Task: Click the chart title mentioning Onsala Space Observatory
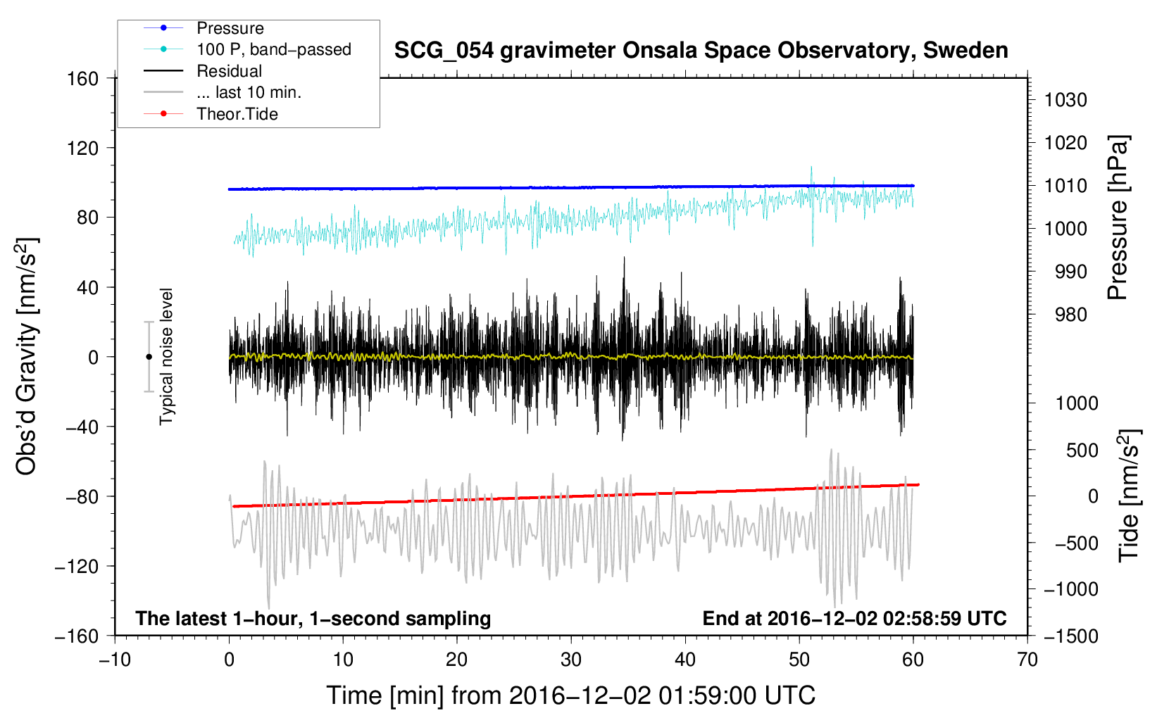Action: tap(701, 51)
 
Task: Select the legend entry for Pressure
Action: tap(230, 28)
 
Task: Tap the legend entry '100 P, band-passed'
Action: tap(273, 49)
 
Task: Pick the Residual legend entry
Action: tap(229, 71)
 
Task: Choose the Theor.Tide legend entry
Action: tap(237, 114)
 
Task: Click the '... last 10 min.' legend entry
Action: tap(249, 92)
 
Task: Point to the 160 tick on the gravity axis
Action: tap(83, 79)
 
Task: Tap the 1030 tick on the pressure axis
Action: tap(1065, 100)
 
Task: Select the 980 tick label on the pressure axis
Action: tap(1071, 315)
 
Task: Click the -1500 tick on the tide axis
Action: tap(1071, 636)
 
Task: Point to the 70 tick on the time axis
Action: tap(1027, 660)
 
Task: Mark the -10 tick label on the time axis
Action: tap(115, 660)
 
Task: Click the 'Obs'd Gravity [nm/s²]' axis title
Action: tap(27, 356)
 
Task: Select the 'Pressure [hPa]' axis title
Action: tap(1118, 218)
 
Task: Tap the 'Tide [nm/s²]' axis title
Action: tap(1129, 495)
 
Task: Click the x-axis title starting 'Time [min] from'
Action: tap(570, 695)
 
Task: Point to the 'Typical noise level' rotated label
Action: tap(166, 356)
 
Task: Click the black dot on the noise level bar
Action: tap(149, 357)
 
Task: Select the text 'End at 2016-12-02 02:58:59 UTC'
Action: tap(854, 618)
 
